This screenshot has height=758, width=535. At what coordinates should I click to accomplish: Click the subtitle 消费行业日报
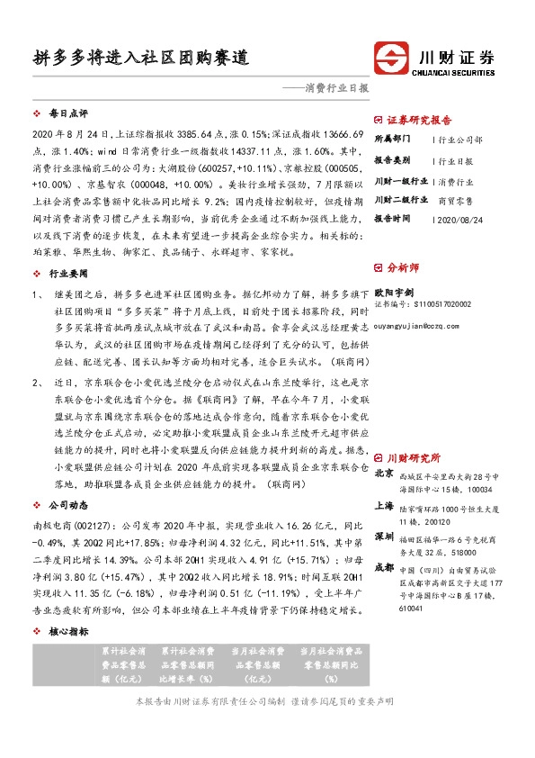(x=338, y=89)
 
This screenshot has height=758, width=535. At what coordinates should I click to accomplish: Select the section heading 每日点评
(x=68, y=114)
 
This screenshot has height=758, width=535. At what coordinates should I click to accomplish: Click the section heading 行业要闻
(x=68, y=272)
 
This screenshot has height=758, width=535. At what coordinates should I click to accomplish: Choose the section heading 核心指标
(x=68, y=633)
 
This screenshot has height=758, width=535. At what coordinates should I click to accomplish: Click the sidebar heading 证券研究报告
(x=418, y=119)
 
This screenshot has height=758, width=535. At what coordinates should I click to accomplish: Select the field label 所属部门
(x=392, y=140)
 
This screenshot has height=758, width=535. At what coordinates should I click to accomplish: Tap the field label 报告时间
(x=392, y=219)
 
